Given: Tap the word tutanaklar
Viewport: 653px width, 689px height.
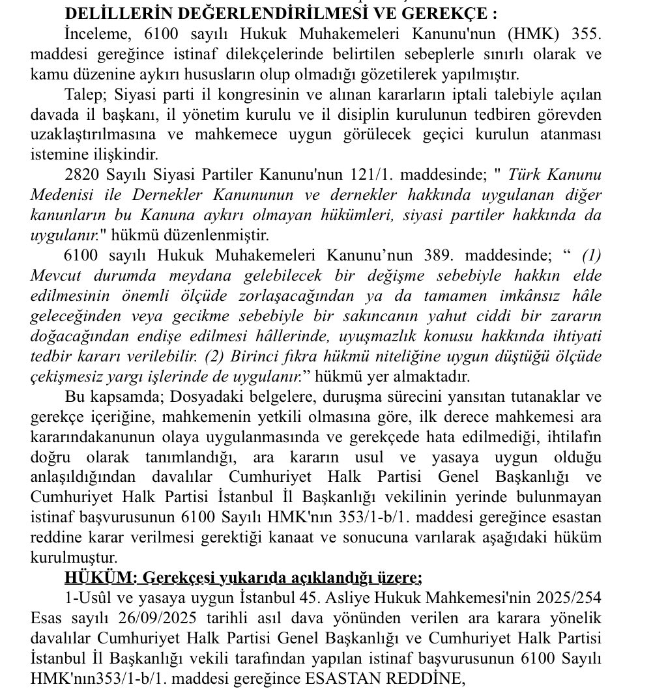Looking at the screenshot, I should (x=504, y=397).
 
